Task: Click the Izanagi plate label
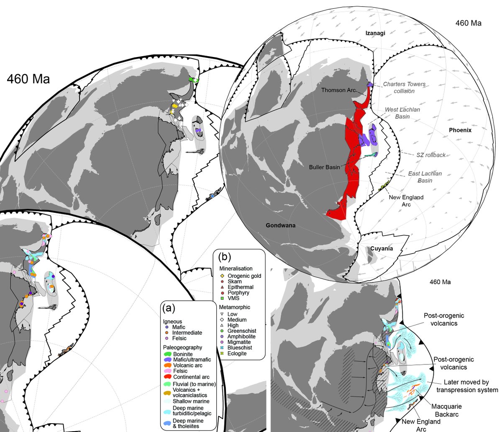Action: (375, 33)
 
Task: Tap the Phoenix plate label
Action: (460, 130)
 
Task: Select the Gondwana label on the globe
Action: (281, 225)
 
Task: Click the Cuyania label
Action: (382, 248)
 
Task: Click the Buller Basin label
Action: (324, 167)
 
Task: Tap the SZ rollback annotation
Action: (431, 155)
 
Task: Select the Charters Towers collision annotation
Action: (405, 87)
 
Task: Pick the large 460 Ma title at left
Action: (28, 79)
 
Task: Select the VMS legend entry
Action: (233, 298)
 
